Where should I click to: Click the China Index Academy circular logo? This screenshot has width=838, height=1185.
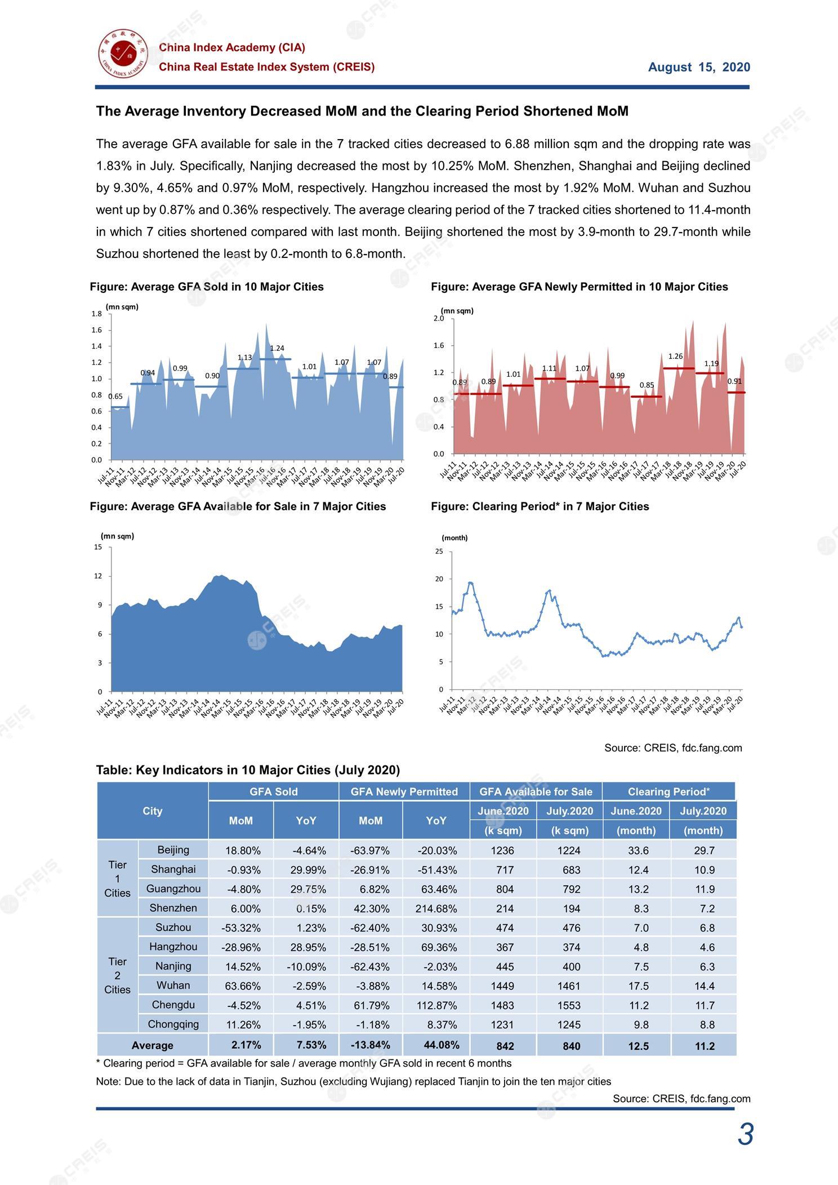[122, 55]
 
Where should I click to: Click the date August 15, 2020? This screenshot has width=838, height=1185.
[699, 68]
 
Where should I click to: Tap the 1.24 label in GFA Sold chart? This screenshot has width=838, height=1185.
[277, 349]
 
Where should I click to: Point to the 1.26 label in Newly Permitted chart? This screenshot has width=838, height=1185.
[675, 357]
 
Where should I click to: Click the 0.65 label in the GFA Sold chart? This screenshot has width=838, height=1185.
[115, 397]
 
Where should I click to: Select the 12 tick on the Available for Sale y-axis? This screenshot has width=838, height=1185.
[99, 576]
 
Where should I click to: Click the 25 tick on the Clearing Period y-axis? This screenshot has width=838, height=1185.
[439, 551]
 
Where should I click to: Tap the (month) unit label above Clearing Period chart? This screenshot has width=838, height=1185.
[454, 538]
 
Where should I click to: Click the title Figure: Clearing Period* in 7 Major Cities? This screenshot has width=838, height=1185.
[540, 506]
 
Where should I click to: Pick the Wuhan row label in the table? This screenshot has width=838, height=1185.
[173, 985]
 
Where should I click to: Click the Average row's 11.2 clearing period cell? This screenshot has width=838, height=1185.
[704, 1046]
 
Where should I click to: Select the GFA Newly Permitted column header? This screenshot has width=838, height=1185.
[404, 792]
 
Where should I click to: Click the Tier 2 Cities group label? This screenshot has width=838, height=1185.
[117, 975]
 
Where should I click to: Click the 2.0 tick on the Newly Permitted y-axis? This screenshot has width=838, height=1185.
[438, 319]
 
